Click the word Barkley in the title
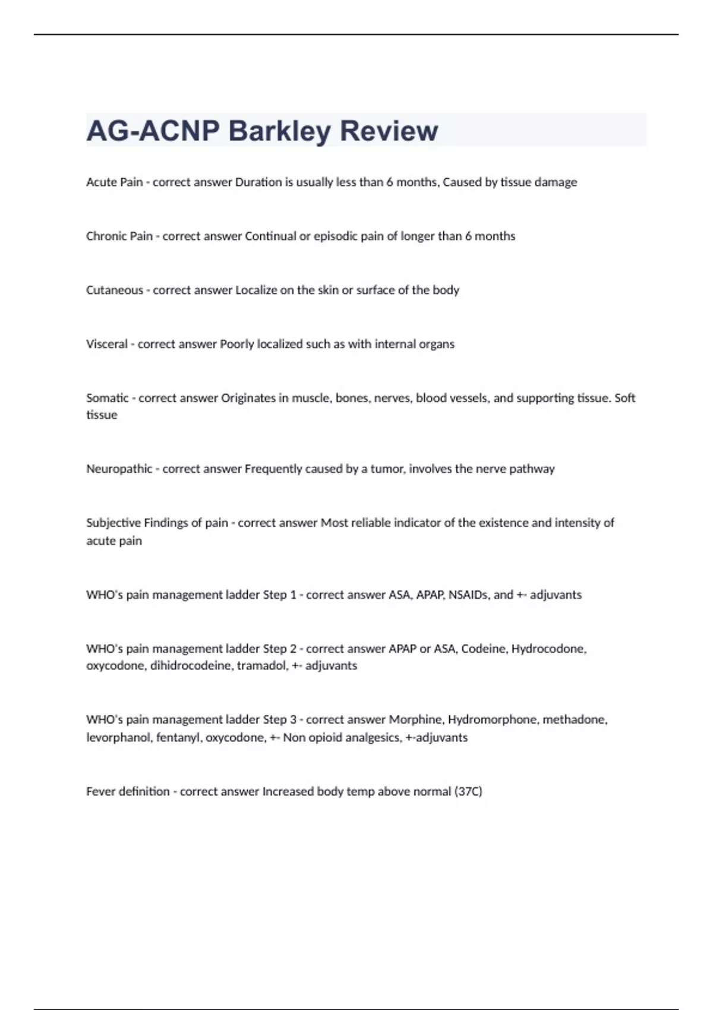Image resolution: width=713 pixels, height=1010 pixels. click(x=279, y=131)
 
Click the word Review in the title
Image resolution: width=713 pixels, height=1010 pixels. click(x=389, y=131)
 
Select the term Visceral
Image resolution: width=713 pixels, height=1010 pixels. click(x=106, y=344)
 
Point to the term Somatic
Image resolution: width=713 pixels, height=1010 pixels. click(x=107, y=398)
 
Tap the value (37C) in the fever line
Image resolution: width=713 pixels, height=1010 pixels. click(x=468, y=791)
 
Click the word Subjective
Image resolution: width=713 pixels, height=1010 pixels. click(x=112, y=523)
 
